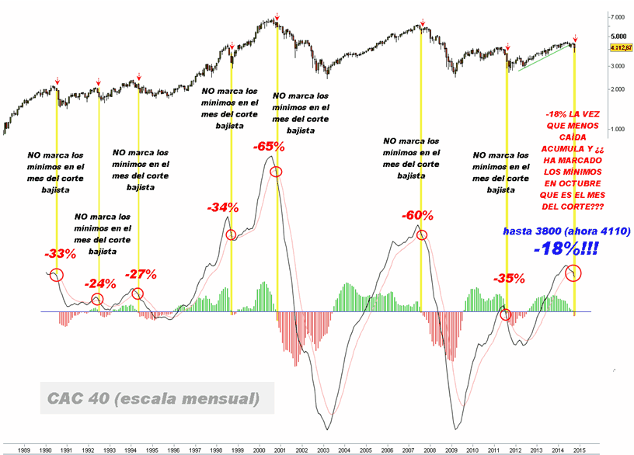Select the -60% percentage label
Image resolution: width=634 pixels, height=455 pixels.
[x=417, y=216]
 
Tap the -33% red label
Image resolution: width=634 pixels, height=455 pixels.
[x=60, y=253]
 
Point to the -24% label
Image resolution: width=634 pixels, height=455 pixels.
[x=98, y=283]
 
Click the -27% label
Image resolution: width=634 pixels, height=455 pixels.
[x=141, y=273]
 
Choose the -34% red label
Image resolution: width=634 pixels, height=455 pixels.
[x=222, y=207]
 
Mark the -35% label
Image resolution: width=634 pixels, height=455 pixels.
[x=509, y=277]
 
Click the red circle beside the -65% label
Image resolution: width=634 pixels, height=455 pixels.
[x=277, y=171]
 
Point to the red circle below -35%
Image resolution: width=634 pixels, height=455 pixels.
[x=506, y=314]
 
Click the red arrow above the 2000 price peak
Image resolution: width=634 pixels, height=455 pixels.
[x=277, y=15]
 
